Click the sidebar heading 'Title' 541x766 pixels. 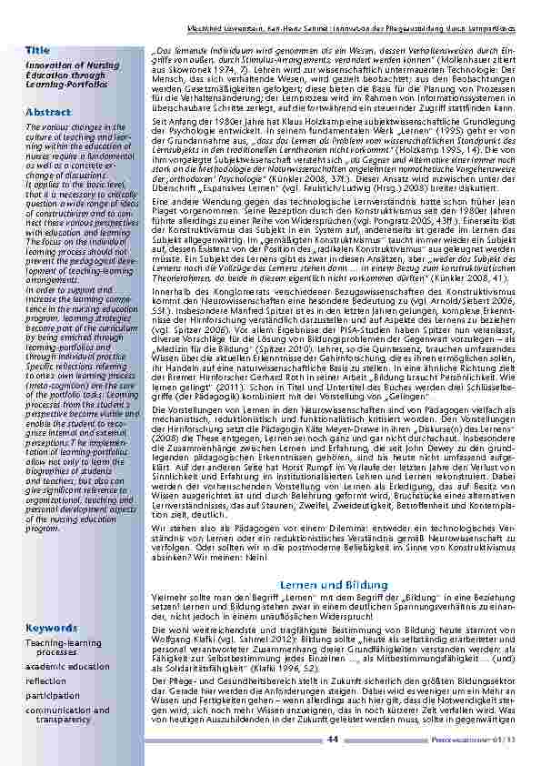click(38, 48)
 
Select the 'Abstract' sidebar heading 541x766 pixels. click(48, 112)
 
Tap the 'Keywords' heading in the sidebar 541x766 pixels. click(50, 629)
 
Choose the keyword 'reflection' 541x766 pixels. click(45, 680)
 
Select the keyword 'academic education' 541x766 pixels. click(67, 666)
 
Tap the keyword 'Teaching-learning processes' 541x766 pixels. click(64, 647)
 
